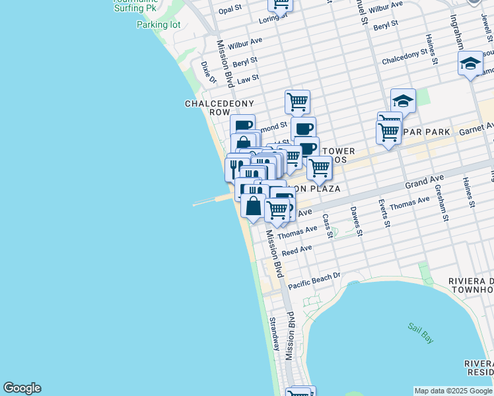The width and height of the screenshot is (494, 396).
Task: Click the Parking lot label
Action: pyautogui.click(x=159, y=25)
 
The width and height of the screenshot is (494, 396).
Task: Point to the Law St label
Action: pyautogui.click(x=248, y=79)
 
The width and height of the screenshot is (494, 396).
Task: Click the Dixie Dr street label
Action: pyautogui.click(x=207, y=72)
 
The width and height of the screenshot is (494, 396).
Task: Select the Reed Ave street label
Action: pyautogui.click(x=297, y=251)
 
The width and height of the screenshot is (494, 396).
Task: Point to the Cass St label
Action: pyautogui.click(x=328, y=225)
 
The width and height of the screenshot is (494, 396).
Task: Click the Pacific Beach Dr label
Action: pyautogui.click(x=314, y=280)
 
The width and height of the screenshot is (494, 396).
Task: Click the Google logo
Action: pyautogui.click(x=22, y=388)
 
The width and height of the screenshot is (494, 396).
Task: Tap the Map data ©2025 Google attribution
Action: pyautogui.click(x=454, y=391)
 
